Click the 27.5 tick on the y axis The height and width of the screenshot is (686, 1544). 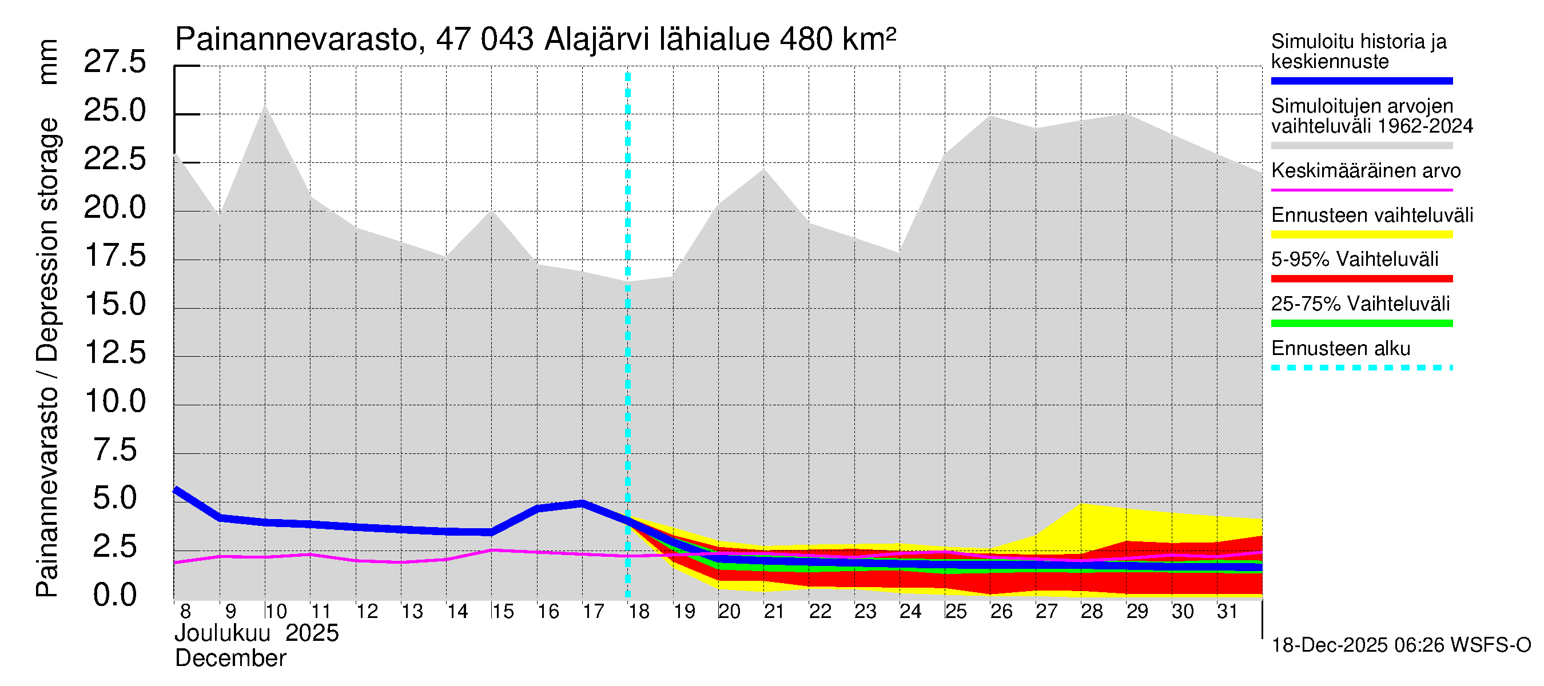point(114,62)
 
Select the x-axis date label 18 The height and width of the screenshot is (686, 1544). point(639,612)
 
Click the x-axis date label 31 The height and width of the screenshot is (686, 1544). point(1228,612)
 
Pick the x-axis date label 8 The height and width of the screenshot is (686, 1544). point(185,612)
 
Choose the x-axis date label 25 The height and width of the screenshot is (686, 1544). point(956,612)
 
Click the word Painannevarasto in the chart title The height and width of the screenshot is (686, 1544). point(296,39)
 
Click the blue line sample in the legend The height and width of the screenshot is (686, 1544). point(1362,81)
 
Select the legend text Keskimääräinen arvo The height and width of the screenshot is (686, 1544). point(1366,171)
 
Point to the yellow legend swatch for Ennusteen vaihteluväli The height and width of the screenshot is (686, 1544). point(1362,234)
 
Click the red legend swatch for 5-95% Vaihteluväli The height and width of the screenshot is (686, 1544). point(1362,278)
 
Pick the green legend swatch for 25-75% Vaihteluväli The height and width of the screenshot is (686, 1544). point(1362,324)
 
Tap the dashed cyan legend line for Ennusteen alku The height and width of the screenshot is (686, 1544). point(1362,367)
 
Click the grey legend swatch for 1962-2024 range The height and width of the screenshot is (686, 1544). point(1362,146)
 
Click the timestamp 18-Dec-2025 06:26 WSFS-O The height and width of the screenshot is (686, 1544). point(1400,645)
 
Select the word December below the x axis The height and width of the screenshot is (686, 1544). point(231,659)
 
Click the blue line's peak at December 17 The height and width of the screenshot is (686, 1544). point(582,503)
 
